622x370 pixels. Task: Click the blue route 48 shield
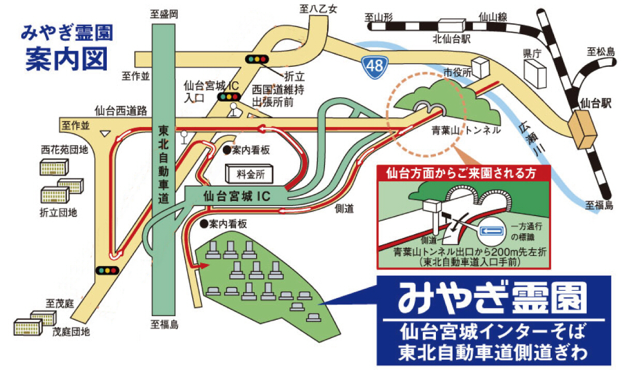(373, 66)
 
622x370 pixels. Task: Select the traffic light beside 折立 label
(256, 59)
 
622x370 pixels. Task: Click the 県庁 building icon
(534, 74)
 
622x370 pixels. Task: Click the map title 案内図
(66, 59)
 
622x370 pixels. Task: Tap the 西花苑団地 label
(64, 150)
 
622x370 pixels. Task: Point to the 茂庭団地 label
(71, 332)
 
